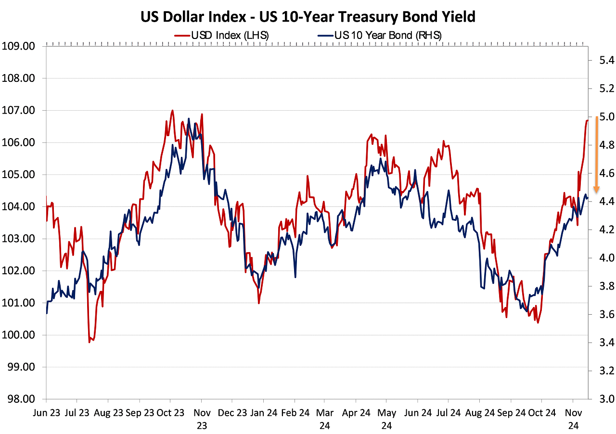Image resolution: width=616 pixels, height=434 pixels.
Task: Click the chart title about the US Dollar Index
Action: (x=308, y=17)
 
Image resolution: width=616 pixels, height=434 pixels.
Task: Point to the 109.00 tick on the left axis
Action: (x=19, y=46)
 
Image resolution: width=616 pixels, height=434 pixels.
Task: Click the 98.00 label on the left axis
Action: (x=19, y=399)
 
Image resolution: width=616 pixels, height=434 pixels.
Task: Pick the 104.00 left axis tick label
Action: (x=19, y=206)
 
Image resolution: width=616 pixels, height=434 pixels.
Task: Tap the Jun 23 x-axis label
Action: (x=46, y=413)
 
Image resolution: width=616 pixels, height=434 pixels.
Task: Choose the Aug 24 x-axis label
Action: (x=479, y=413)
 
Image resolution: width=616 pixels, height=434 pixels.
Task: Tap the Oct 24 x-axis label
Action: (x=541, y=413)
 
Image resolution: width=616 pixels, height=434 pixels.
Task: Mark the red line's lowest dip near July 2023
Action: (x=90, y=342)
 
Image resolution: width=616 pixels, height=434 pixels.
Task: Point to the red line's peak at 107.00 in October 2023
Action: (x=172, y=111)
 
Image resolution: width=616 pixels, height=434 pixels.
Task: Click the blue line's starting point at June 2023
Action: (x=47, y=313)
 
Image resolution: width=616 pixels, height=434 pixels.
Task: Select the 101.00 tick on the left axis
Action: (x=19, y=303)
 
